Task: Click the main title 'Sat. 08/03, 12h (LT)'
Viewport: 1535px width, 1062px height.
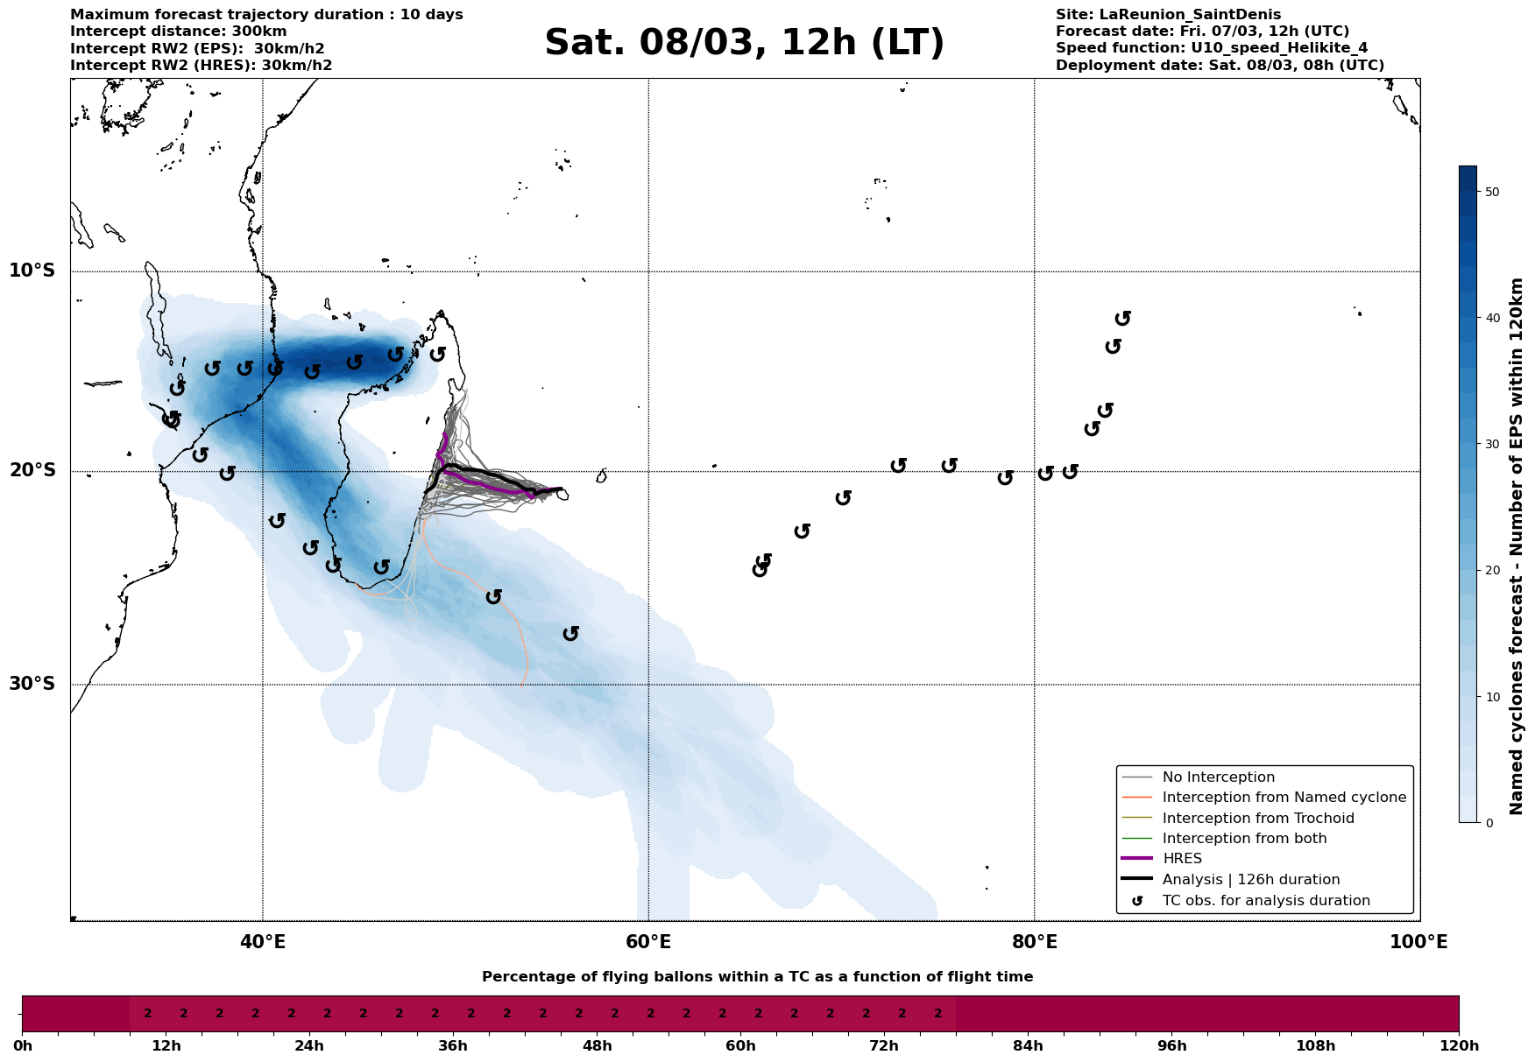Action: coord(744,43)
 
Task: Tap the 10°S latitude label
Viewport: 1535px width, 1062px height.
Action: coord(32,271)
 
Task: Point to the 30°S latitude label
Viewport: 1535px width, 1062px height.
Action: coord(32,684)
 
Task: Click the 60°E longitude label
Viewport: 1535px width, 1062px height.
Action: coord(648,942)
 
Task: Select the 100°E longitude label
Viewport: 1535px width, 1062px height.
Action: coord(1419,942)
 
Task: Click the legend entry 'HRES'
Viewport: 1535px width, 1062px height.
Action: coord(1182,859)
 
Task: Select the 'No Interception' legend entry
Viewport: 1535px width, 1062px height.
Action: coord(1218,777)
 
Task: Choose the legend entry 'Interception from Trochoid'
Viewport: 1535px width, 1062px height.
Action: coord(1257,819)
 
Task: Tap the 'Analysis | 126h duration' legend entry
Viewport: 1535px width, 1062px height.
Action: coord(1250,880)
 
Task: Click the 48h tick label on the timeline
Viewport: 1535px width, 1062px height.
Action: coord(597,1045)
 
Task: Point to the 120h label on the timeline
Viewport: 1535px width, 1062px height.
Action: coord(1459,1045)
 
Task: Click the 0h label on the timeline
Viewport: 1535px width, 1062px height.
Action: coord(22,1045)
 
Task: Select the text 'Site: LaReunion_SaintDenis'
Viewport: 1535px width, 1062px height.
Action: coord(1168,15)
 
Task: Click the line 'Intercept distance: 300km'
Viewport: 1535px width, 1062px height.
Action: coord(178,32)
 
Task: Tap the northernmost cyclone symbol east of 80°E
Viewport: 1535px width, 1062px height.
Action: coord(1123,318)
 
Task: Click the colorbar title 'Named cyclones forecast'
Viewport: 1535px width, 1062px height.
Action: coord(1517,546)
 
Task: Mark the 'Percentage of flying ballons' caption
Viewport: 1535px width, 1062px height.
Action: coord(757,977)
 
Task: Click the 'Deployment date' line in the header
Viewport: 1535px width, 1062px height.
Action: coord(1220,66)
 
